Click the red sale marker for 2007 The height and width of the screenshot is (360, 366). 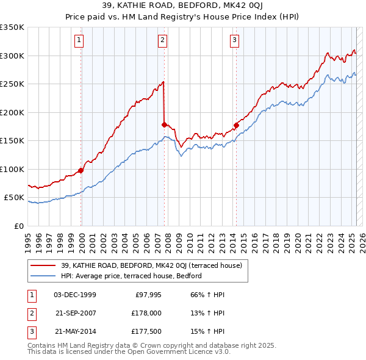tap(164, 124)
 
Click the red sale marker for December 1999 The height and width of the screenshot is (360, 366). tap(81, 170)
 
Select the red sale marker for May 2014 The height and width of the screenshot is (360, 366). tap(235, 125)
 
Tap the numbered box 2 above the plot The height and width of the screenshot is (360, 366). tap(163, 41)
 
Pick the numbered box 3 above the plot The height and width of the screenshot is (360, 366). tap(235, 41)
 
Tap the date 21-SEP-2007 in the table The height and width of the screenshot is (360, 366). tap(76, 312)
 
